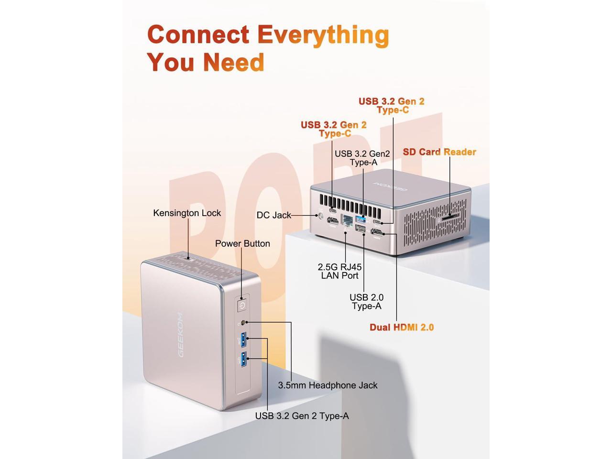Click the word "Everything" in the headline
pos(323,34)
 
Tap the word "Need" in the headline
pos(233,62)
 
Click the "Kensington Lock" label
pos(187,213)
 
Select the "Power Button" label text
pos(242,243)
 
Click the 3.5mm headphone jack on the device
pos(245,323)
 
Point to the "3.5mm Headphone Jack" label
pos(328,385)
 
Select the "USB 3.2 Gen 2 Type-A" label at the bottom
pos(302,416)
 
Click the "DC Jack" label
pos(273,215)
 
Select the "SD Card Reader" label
pos(439,152)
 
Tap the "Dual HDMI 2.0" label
pos(402,328)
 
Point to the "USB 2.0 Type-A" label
pos(367,302)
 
